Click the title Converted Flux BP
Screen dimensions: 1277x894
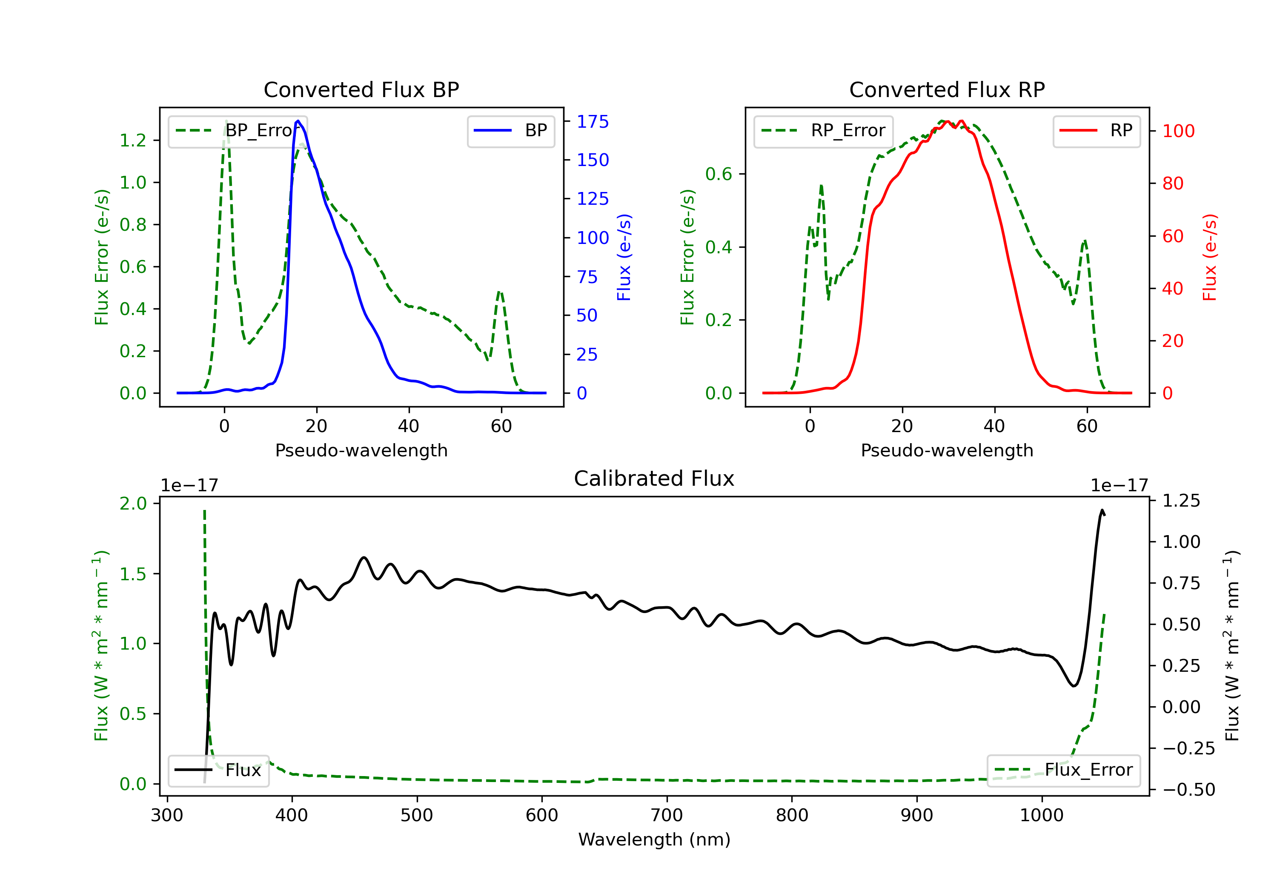361,89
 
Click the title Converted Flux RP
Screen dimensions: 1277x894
947,89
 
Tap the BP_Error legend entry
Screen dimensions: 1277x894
238,131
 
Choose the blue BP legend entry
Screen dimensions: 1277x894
510,131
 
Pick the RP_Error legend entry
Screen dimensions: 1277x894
823,131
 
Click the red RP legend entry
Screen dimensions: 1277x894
1096,131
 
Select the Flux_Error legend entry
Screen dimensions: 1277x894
1063,770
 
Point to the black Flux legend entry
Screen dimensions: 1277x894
218,770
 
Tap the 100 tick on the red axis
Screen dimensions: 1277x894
1178,131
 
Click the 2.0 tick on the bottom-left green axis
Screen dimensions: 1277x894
133,504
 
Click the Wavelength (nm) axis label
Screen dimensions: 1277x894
654,840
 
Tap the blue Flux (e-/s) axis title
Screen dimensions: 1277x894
624,257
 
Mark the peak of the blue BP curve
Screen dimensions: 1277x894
298,121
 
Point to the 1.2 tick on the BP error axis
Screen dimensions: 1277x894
133,140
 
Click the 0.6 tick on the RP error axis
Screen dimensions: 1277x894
719,174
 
